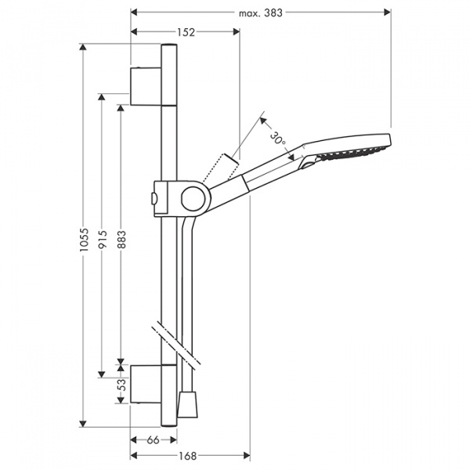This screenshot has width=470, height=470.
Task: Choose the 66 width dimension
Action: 154,439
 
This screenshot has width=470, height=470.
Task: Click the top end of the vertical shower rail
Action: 169,49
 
